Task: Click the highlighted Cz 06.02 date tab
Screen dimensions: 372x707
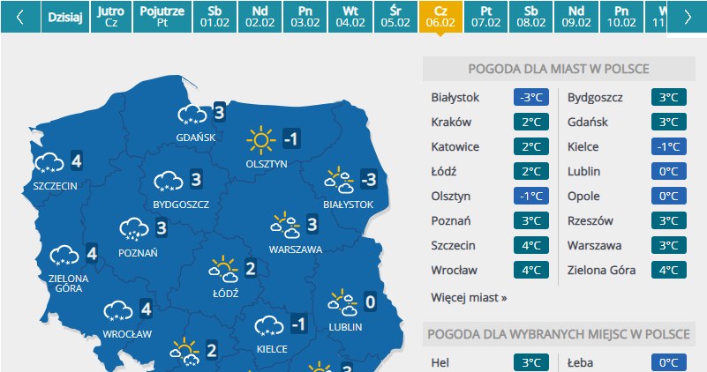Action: pos(440,17)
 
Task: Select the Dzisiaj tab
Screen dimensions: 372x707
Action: pos(64,17)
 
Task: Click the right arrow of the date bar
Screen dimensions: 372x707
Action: pos(688,17)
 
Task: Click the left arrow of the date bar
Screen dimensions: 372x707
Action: pos(20,17)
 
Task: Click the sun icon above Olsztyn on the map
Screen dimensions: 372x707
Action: pos(260,139)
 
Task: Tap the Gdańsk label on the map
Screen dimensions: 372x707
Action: pos(195,138)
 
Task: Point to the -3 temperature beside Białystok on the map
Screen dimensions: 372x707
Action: pos(368,181)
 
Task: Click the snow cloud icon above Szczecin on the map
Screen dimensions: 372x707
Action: pos(48,162)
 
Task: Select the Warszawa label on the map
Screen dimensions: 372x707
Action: pos(296,249)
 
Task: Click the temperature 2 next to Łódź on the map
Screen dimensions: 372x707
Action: pos(250,268)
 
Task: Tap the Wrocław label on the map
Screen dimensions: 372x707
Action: pos(127,334)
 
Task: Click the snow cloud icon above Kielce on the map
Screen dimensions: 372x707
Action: pos(268,327)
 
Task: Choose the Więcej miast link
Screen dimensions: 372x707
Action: pos(470,298)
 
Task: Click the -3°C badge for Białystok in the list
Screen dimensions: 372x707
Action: pos(530,97)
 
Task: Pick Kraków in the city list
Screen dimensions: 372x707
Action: pos(452,122)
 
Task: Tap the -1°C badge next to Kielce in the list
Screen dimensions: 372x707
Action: pos(667,146)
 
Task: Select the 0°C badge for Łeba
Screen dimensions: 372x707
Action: pos(667,362)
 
